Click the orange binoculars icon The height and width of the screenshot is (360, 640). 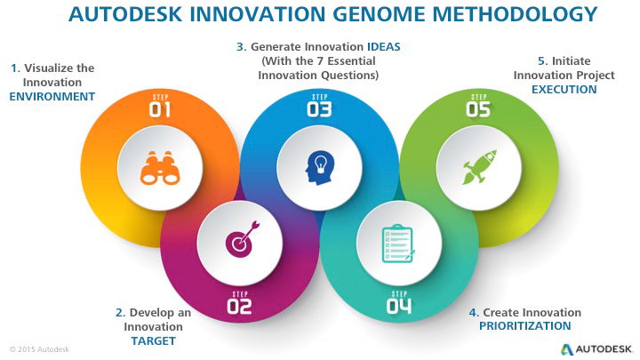[x=160, y=168]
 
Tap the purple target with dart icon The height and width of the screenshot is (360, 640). [x=243, y=240]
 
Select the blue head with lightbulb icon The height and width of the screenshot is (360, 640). [x=320, y=168]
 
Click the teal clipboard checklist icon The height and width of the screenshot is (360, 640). [x=398, y=244]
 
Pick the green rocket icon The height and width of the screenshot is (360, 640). [x=480, y=167]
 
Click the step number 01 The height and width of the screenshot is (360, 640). [x=160, y=110]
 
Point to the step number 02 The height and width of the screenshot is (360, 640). [x=239, y=307]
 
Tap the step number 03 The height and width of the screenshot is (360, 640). [x=319, y=109]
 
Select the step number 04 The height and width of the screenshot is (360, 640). [x=399, y=307]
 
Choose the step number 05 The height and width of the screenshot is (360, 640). [x=478, y=109]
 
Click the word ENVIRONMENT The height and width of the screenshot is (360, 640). [x=52, y=97]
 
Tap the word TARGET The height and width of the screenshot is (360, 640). [x=154, y=340]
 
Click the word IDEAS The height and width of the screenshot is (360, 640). [x=384, y=47]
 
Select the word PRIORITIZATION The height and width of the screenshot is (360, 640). [x=525, y=326]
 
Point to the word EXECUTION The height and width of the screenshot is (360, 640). [x=564, y=90]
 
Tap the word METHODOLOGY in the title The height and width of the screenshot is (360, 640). [x=515, y=14]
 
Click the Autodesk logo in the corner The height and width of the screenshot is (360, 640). [x=596, y=349]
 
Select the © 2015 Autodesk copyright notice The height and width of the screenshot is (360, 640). [x=39, y=349]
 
